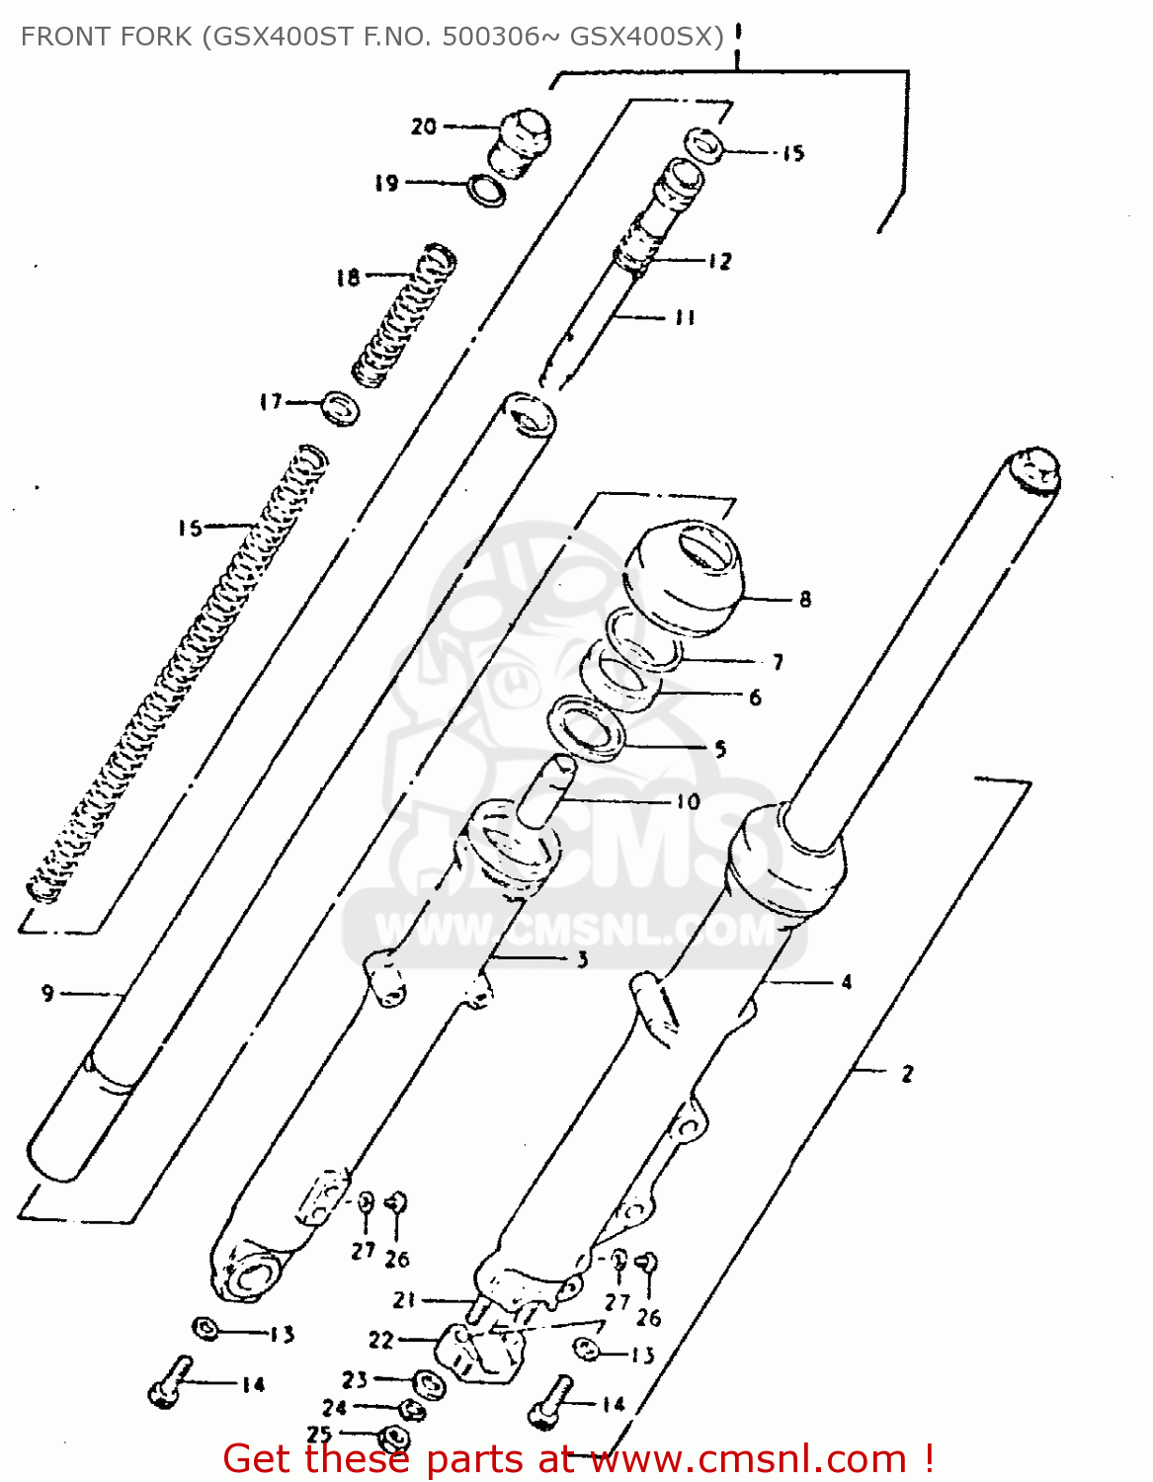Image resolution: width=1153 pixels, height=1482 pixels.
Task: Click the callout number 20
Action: (x=423, y=126)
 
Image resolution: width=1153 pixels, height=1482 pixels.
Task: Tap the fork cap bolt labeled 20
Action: (x=522, y=138)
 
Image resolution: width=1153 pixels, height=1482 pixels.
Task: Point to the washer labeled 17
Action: (x=341, y=406)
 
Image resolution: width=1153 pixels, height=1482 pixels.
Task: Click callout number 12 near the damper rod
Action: (x=720, y=261)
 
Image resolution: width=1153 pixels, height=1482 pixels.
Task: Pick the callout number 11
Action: (x=685, y=317)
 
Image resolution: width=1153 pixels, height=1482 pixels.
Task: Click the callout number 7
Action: (x=779, y=661)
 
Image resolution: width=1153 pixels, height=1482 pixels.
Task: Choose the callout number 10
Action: (x=688, y=801)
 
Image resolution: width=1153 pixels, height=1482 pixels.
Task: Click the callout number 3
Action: (x=582, y=958)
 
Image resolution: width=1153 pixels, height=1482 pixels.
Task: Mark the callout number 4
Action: (x=847, y=982)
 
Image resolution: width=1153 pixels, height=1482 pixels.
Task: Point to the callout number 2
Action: (x=907, y=1073)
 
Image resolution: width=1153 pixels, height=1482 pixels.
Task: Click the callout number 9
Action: (x=47, y=993)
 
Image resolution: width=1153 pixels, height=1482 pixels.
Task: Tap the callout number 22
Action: (x=380, y=1340)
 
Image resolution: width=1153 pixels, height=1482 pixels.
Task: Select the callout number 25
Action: (x=319, y=1434)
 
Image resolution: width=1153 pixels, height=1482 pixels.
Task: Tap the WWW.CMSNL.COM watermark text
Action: (x=576, y=930)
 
